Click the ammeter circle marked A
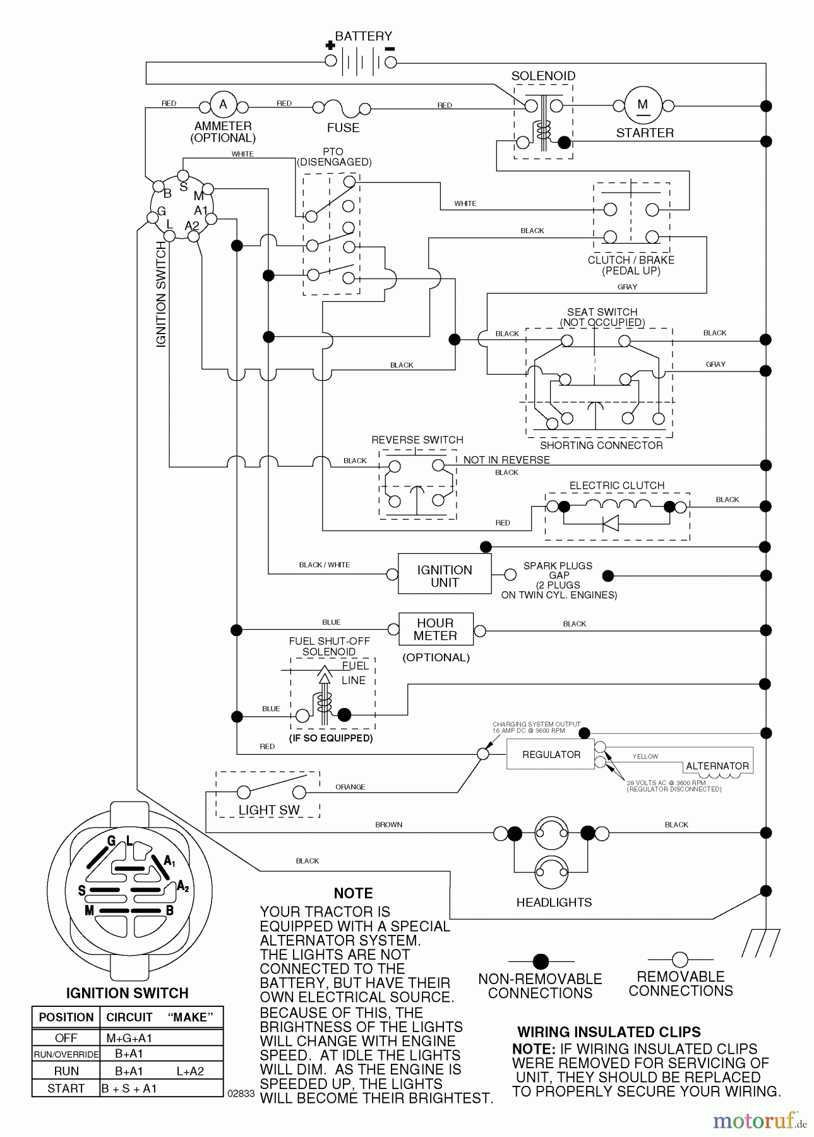click(x=222, y=105)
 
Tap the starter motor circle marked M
click(x=642, y=105)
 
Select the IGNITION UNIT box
click(x=444, y=575)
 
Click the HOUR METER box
click(x=435, y=629)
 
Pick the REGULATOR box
click(x=551, y=755)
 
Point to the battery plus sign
click(x=329, y=45)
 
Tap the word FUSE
click(x=343, y=128)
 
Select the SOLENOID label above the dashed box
click(x=543, y=76)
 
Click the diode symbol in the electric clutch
click(x=610, y=523)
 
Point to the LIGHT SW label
click(x=269, y=810)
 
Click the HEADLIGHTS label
click(x=554, y=903)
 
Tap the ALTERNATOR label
click(x=717, y=766)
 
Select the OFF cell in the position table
click(x=66, y=1038)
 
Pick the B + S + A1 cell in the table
click(x=129, y=1088)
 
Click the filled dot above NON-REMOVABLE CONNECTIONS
click(x=540, y=962)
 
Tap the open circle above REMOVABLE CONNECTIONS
click(x=679, y=960)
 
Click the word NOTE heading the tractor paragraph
click(x=353, y=893)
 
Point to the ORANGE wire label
click(x=350, y=787)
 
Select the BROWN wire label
click(x=388, y=824)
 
